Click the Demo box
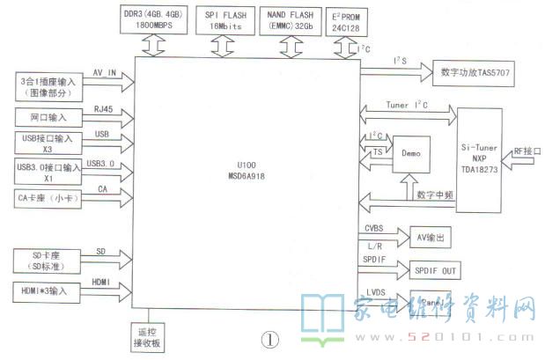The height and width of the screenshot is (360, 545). coord(411,153)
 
